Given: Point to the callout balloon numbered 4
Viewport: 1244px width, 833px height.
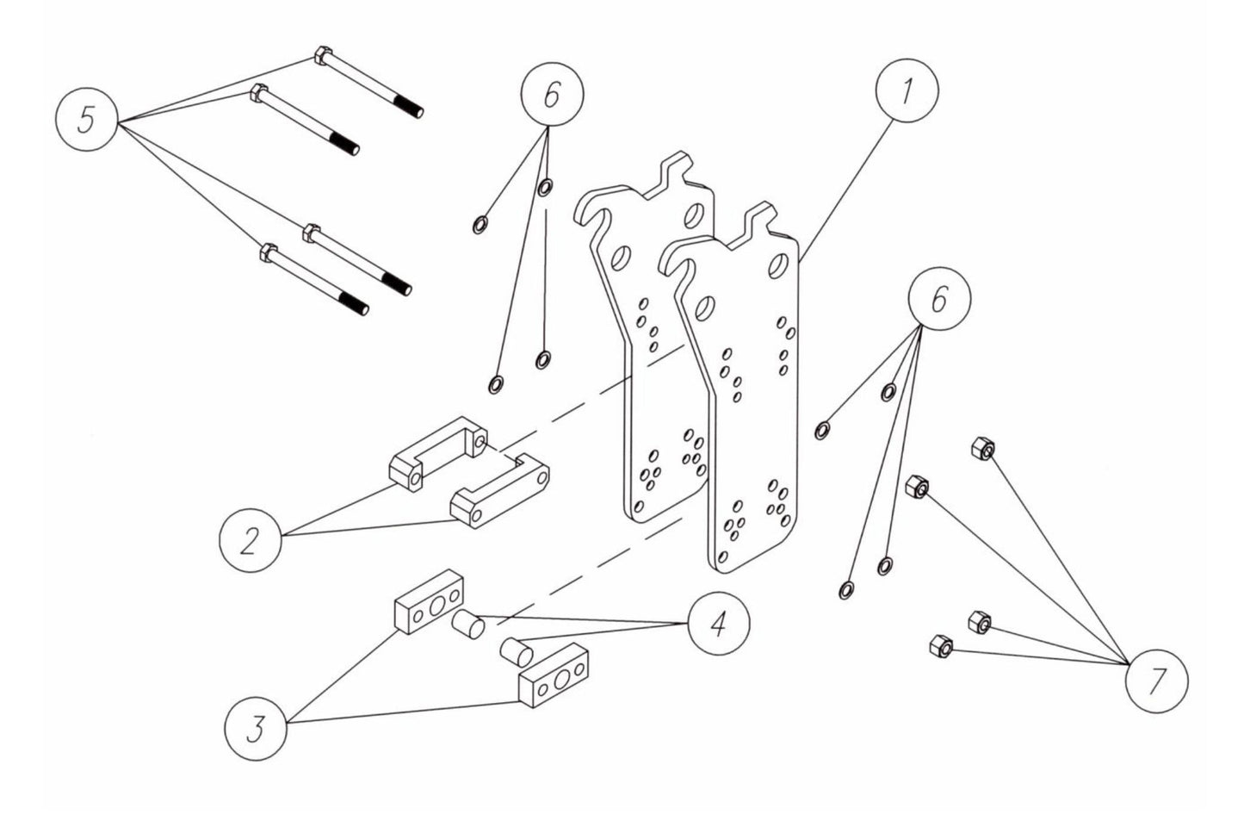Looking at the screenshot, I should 719,623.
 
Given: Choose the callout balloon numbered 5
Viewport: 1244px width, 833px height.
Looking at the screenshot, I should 87,119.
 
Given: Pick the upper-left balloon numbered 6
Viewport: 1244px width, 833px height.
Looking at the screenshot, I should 551,95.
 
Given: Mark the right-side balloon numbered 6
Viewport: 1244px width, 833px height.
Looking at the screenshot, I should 938,299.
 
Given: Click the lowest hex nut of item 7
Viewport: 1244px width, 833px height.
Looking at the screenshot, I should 941,644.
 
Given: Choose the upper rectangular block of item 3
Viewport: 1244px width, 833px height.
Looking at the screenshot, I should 429,600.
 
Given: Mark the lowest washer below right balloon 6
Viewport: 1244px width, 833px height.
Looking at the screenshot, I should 846,589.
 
